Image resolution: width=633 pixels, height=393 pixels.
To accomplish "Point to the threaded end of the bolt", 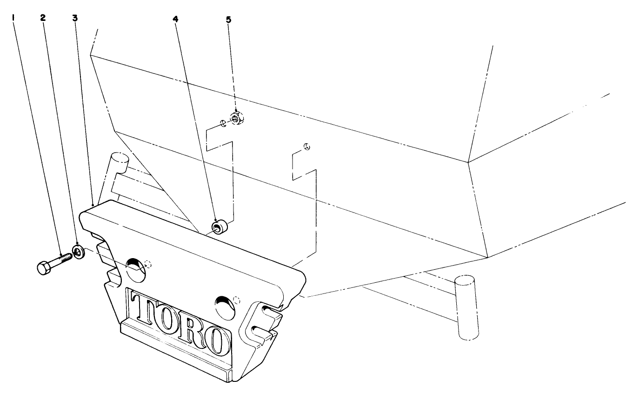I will (68, 256).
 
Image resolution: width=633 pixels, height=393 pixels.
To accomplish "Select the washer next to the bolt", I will (79, 252).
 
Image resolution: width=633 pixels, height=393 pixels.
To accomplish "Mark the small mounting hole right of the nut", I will (307, 147).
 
